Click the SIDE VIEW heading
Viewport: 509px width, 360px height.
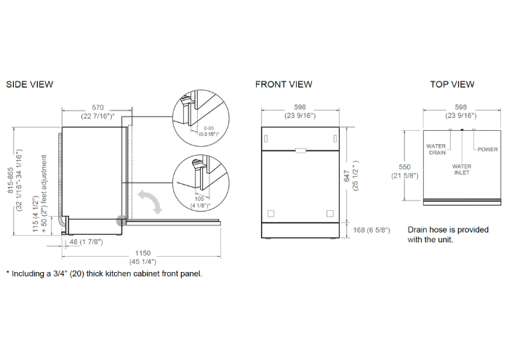29,84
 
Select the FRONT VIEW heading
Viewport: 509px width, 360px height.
284,84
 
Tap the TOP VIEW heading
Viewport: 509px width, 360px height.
452,84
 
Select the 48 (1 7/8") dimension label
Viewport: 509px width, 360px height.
86,242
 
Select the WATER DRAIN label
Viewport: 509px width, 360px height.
436,149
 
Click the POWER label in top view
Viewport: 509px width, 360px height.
488,149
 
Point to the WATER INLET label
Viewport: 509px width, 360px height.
462,169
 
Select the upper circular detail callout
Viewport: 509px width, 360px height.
199,117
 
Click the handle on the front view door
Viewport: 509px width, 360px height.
300,151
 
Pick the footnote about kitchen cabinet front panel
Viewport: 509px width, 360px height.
105,274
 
